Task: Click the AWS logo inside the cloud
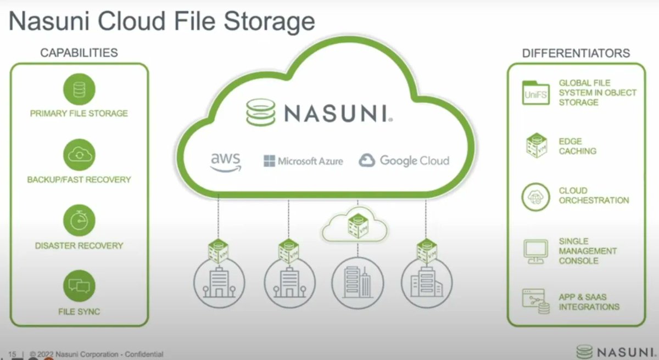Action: (x=226, y=162)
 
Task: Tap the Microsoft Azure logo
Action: (x=303, y=161)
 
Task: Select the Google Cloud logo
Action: (x=404, y=161)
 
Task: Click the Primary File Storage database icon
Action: (x=79, y=89)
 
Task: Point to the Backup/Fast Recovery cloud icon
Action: (x=79, y=155)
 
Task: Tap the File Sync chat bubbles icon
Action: (x=79, y=286)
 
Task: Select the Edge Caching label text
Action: (x=577, y=146)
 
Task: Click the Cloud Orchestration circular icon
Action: (x=535, y=196)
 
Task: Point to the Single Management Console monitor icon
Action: (x=535, y=250)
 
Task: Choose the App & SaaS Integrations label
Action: (x=589, y=302)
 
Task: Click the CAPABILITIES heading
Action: (x=79, y=53)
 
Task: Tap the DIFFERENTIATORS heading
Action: (x=576, y=53)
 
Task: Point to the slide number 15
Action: (x=13, y=355)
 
